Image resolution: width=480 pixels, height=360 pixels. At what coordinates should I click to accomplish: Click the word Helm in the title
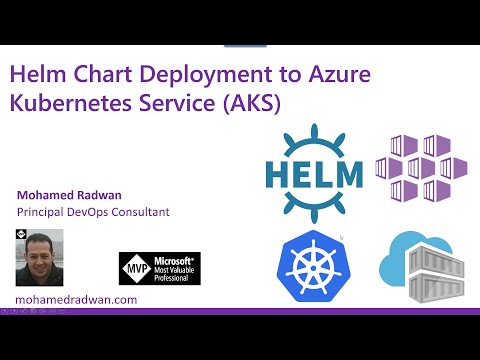point(38,75)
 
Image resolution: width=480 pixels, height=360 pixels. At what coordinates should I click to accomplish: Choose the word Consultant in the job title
point(136,212)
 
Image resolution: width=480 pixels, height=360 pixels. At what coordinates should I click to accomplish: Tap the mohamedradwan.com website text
point(77,299)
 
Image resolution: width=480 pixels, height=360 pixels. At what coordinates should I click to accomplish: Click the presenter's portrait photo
point(40,258)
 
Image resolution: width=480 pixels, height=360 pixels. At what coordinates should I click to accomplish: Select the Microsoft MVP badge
point(160,267)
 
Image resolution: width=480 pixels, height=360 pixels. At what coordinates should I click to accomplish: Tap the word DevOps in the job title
point(89,212)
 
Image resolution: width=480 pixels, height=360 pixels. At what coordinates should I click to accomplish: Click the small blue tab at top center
point(237,45)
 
